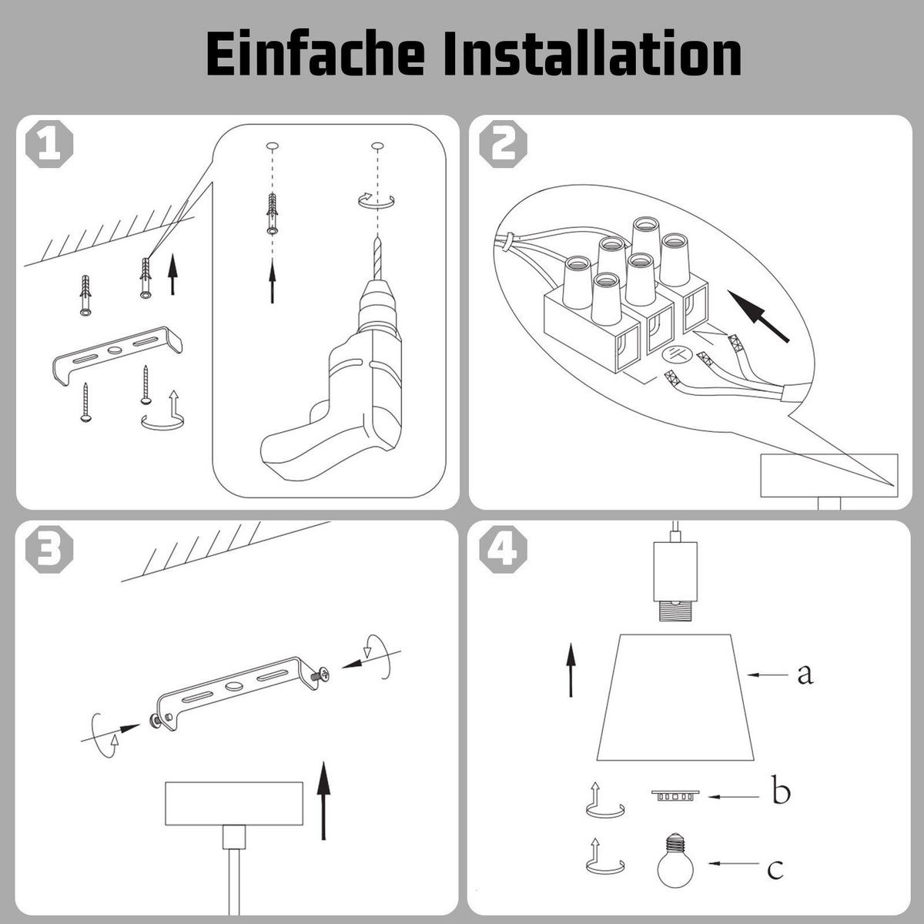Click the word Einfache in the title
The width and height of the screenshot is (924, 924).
coord(315,54)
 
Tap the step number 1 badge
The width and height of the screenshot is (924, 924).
coord(49,144)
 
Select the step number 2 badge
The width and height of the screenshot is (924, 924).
coord(503,144)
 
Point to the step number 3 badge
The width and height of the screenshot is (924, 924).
coord(49,549)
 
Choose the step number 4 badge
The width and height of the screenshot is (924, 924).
coord(503,549)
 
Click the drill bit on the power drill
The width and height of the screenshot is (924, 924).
coord(377,258)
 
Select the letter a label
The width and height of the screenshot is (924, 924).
coord(805,675)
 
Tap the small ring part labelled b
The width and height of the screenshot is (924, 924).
coord(675,796)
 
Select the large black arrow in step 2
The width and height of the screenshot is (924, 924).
coord(758,316)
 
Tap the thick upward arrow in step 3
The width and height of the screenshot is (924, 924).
coord(324,800)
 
